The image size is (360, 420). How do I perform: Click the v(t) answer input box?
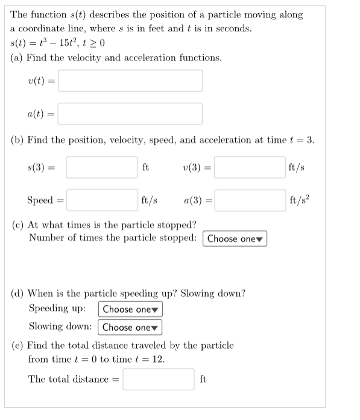point(130,81)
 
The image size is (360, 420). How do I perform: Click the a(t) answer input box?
point(130,113)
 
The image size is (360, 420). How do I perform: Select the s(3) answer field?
point(102,167)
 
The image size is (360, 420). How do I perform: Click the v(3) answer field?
point(250,167)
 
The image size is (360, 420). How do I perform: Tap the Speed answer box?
point(102,200)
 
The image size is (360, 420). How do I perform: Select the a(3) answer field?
point(250,200)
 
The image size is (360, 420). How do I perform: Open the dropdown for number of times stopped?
point(235,238)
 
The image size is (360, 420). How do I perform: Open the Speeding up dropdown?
point(130,310)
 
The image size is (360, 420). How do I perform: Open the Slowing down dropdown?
point(130,328)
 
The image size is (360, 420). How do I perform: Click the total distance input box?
point(159,380)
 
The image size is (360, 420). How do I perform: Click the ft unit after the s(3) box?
point(146,167)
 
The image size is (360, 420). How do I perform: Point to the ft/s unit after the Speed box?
point(150,200)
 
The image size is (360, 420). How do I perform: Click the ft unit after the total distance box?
point(203,380)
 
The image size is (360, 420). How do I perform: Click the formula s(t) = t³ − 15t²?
point(58,43)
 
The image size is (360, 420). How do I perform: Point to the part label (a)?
point(17,59)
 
